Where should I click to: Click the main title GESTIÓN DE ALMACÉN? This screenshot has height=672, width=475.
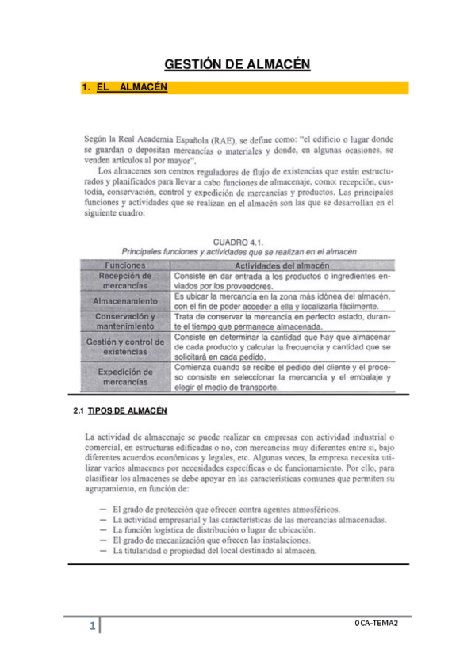[237, 64]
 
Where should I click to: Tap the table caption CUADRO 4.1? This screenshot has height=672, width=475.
[238, 241]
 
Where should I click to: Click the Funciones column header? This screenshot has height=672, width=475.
[125, 265]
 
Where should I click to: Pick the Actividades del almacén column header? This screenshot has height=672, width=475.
[283, 265]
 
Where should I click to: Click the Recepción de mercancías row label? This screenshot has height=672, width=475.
[125, 281]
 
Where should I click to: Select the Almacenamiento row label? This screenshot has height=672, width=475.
[125, 301]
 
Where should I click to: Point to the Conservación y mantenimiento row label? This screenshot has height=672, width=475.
[125, 321]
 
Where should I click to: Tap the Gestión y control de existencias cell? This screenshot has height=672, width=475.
[125, 346]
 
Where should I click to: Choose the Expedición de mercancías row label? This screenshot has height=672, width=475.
[125, 376]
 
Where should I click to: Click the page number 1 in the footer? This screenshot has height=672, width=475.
[93, 628]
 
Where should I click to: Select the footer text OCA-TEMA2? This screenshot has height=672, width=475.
[376, 624]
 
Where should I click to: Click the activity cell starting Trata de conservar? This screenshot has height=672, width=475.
[282, 321]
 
